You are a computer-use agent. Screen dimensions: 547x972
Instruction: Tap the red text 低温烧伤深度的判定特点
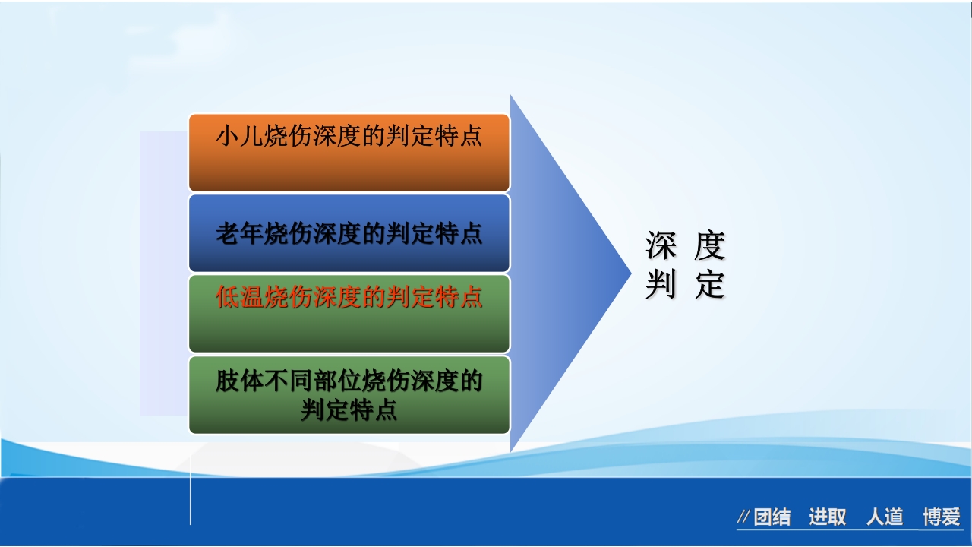349,297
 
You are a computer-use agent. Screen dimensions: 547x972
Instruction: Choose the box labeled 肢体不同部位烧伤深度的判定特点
349,395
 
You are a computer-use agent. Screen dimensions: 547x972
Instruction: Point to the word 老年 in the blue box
239,233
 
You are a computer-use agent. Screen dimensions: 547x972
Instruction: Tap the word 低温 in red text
239,297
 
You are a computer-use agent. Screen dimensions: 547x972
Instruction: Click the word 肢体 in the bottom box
239,380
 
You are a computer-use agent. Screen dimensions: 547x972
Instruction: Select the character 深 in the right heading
661,246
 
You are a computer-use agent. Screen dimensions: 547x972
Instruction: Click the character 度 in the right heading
710,246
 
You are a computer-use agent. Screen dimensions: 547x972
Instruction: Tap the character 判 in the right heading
661,286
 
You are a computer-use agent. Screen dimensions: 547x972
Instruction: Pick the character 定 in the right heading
710,286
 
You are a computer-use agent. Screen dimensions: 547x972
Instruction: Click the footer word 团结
772,517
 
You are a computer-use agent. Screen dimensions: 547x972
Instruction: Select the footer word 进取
827,517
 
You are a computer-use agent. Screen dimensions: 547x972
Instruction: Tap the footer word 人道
885,517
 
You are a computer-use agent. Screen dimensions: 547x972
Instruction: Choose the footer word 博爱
942,517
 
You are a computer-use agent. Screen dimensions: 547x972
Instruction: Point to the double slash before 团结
744,518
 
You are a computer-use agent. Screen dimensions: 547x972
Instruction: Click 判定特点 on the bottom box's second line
349,411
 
